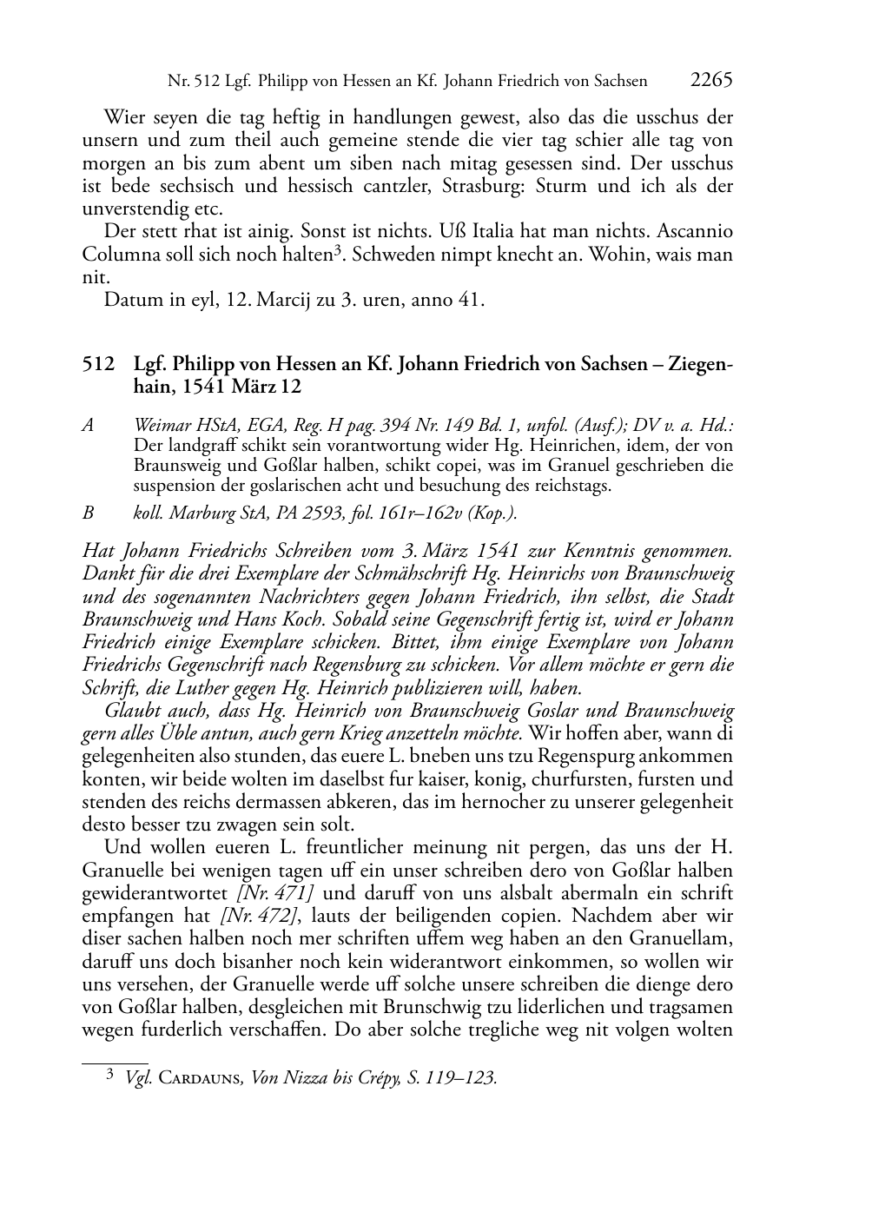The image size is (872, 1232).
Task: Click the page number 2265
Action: click(712, 80)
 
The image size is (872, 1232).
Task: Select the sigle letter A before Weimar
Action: click(88, 426)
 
